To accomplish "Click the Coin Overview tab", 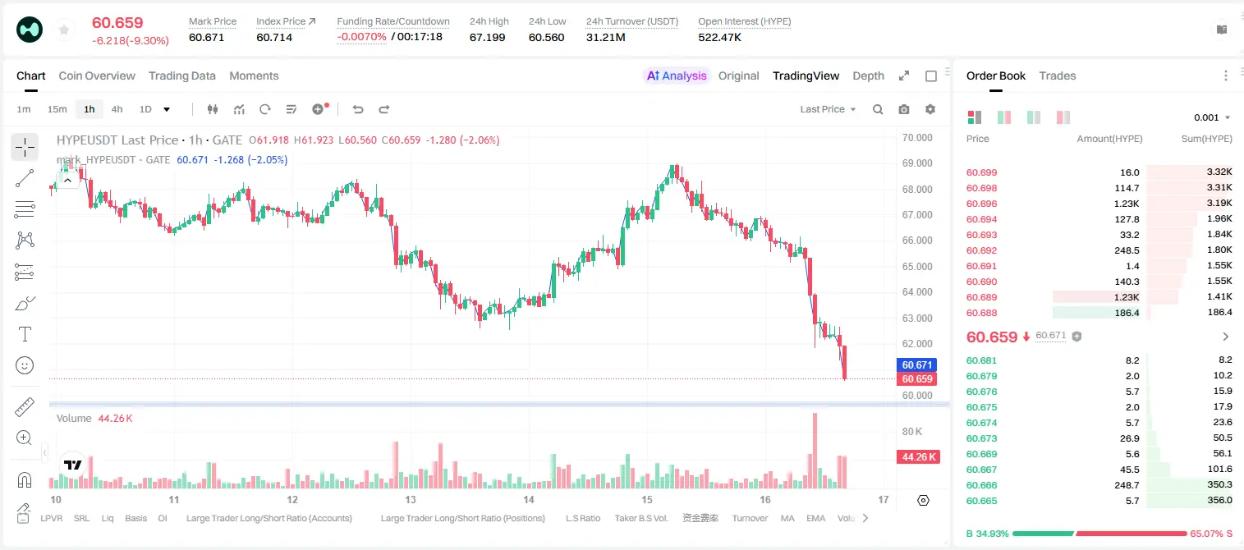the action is point(97,76).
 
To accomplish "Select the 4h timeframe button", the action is point(117,109).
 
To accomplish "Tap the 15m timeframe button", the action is point(57,109).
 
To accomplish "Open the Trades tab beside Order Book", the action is point(1058,76).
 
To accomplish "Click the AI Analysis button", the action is point(677,76).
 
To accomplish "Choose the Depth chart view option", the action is point(868,76).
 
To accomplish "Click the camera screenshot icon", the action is point(904,109).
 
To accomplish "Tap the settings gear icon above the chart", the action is point(930,109).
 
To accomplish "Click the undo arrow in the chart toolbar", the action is point(358,109).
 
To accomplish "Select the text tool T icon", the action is point(25,334).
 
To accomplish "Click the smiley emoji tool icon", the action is point(25,365).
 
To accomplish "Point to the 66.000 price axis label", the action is point(917,241).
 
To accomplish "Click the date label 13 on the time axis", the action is point(411,499).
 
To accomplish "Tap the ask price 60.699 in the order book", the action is point(981,172).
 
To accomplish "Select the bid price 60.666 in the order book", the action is point(981,485).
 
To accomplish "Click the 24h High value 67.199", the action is point(487,37).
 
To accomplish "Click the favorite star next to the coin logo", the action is point(64,30).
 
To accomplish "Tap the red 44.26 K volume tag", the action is point(918,456).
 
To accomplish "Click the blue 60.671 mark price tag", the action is point(917,364).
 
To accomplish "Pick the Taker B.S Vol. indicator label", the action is point(640,518).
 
